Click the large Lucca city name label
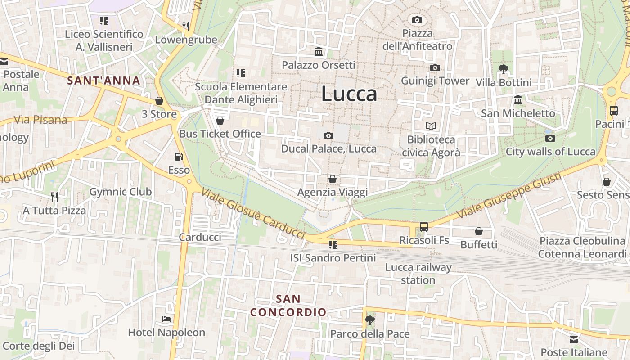tap(349, 94)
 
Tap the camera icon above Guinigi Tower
tap(435, 67)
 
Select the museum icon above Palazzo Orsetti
tap(319, 51)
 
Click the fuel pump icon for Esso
tap(179, 157)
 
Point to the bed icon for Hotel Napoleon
tap(166, 319)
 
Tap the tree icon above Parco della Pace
tap(369, 320)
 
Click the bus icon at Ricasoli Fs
tap(423, 226)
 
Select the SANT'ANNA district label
tap(103, 81)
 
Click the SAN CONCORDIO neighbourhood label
tap(288, 306)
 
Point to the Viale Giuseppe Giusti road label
tap(509, 196)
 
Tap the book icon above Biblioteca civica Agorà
tap(431, 126)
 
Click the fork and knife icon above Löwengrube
tap(186, 27)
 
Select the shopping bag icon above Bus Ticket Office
tap(220, 120)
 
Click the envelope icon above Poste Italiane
tap(574, 339)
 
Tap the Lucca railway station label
tap(418, 274)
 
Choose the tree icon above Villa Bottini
tap(504, 69)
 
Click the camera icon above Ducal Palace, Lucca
tap(328, 135)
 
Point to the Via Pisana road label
tap(40, 120)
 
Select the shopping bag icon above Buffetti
tap(479, 231)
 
